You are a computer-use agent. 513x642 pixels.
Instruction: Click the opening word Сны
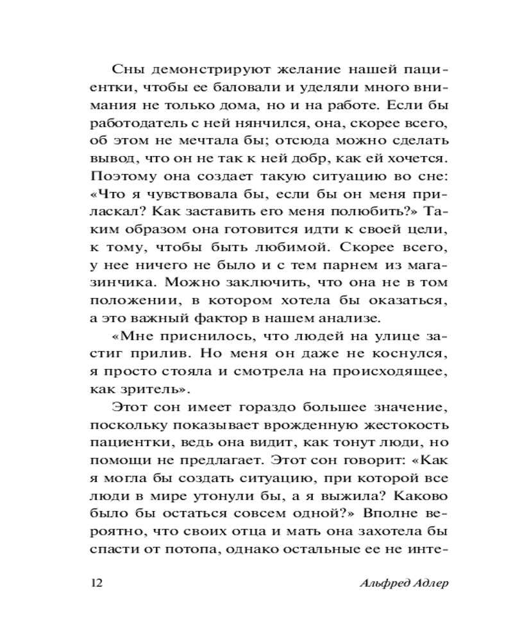125,70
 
